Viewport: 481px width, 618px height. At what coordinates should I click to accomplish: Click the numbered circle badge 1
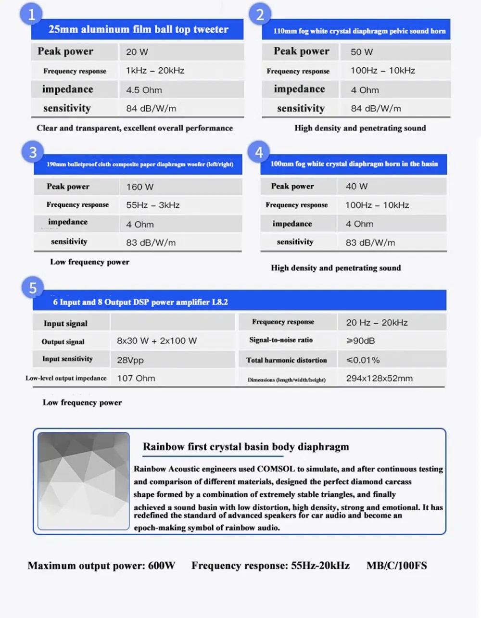tap(31, 14)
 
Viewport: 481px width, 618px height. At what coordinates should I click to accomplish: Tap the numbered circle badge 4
tap(259, 152)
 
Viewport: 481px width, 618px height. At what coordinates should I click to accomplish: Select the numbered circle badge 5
tap(33, 288)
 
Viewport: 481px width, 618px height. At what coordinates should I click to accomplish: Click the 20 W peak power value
tap(137, 52)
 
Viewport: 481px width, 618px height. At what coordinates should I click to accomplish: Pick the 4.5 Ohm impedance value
tap(144, 90)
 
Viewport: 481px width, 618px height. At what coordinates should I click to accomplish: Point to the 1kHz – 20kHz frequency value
tap(155, 71)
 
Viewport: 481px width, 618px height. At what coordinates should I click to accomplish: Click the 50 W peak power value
tap(362, 52)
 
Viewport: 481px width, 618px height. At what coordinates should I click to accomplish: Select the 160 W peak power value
tap(140, 187)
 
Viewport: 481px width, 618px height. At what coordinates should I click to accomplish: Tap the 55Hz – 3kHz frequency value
tap(153, 205)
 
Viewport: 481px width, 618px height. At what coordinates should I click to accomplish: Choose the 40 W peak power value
tap(356, 186)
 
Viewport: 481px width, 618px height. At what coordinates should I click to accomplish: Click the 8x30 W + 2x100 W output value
tap(157, 341)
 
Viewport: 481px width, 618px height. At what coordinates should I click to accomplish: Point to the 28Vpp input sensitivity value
tap(130, 360)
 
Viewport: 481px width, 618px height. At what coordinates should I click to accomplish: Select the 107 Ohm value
tap(136, 378)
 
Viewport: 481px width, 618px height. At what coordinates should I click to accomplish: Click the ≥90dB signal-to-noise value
tap(360, 341)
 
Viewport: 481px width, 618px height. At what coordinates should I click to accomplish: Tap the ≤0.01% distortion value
tap(363, 360)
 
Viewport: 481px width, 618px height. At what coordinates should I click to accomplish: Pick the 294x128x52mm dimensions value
tap(379, 378)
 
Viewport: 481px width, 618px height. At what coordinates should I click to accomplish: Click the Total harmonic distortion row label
tap(286, 360)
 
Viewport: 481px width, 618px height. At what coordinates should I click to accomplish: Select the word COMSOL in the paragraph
tap(276, 469)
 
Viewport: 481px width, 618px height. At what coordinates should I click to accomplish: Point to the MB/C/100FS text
tap(396, 566)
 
